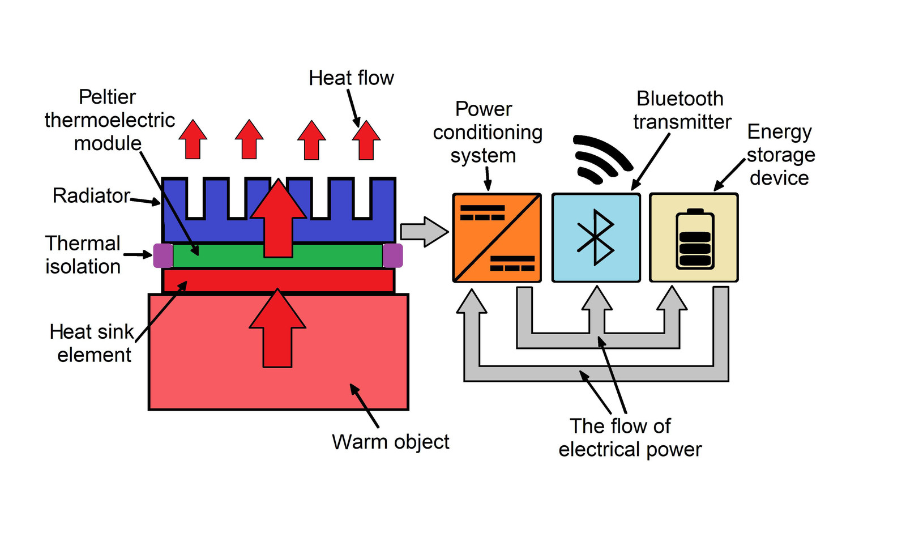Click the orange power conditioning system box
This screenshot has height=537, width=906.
coord(497,238)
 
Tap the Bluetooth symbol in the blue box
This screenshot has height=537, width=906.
coord(595,238)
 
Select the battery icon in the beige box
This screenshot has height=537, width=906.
coord(695,239)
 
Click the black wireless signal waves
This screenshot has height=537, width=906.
coord(601,159)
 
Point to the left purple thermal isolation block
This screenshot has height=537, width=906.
coord(163,255)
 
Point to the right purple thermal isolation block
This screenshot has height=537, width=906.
coord(392,255)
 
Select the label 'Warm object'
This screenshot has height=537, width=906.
coord(390,442)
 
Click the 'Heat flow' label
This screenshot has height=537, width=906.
coord(351,78)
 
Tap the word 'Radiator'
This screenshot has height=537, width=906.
coord(91,195)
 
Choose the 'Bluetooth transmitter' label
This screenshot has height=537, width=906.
coord(681,110)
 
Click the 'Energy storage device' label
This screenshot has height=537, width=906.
coord(780,155)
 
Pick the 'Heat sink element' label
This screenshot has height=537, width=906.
coord(92,343)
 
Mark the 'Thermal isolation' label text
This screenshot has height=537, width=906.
coord(83,255)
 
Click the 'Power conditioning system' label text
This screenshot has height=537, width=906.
coord(486,132)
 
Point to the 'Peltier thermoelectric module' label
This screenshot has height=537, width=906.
coord(109,120)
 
